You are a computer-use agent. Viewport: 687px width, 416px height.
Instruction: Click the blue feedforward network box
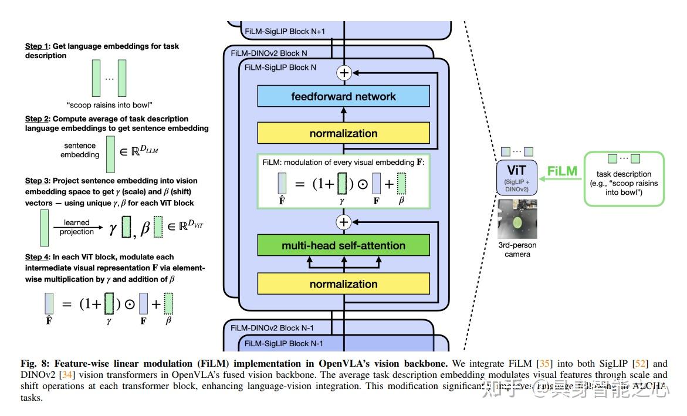pyautogui.click(x=343, y=96)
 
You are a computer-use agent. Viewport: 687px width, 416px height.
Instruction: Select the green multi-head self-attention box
pyautogui.click(x=343, y=246)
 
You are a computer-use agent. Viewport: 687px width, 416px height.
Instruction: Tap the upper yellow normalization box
pyautogui.click(x=343, y=133)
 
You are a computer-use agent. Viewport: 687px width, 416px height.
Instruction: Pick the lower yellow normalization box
pyautogui.click(x=343, y=284)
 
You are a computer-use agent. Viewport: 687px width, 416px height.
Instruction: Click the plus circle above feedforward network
pyautogui.click(x=343, y=73)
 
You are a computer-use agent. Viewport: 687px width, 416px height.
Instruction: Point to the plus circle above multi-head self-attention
pyautogui.click(x=343, y=222)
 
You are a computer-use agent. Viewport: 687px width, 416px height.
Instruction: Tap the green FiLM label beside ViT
pyautogui.click(x=563, y=172)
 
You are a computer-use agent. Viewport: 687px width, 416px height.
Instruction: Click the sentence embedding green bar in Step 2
pyautogui.click(x=110, y=154)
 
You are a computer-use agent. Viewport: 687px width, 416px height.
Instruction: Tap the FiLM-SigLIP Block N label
pyautogui.click(x=280, y=67)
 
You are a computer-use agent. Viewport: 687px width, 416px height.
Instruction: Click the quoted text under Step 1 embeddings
pyautogui.click(x=109, y=106)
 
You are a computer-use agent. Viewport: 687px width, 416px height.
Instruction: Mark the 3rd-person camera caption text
pyautogui.click(x=517, y=250)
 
